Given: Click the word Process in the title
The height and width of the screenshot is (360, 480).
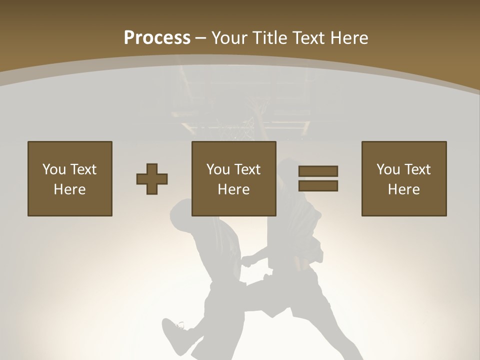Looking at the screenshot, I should (157, 38).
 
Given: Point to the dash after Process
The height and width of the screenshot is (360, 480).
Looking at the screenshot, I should (200, 38).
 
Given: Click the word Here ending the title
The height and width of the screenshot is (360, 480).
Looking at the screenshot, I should (349, 38).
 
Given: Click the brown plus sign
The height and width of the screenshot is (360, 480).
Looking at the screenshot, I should (152, 179).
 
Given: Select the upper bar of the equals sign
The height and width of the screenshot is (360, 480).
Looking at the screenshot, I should (318, 171).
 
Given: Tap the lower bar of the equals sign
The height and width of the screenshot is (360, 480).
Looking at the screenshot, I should (318, 186).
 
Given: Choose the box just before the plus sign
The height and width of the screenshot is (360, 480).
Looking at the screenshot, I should (70, 178).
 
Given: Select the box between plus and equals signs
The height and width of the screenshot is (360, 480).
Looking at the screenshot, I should (234, 178).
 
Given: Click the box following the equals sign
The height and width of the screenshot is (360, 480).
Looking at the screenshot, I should (404, 178).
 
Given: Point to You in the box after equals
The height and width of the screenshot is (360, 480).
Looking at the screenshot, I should (388, 169).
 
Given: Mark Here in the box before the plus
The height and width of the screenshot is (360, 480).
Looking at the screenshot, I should (70, 189).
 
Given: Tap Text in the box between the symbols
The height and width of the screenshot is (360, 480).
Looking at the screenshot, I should (248, 169).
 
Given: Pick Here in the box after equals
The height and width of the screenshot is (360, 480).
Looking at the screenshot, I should (404, 189).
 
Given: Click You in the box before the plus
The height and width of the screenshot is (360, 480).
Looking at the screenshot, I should (54, 169).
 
